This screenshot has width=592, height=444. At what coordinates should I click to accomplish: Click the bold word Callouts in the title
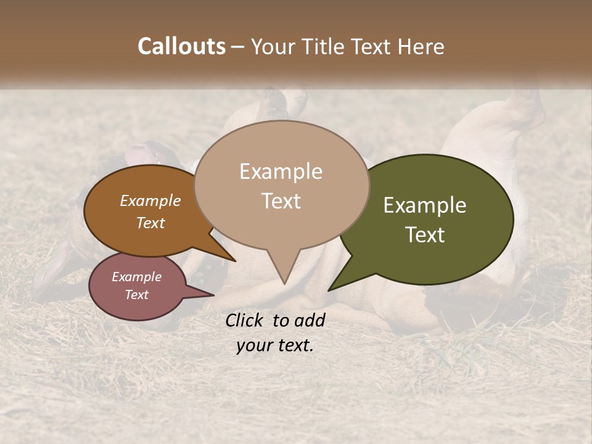tap(181, 46)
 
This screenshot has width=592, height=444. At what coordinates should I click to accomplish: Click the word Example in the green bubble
tap(425, 205)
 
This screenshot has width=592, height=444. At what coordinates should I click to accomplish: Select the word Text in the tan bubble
tap(281, 200)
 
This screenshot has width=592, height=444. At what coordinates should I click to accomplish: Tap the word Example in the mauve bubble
tap(136, 277)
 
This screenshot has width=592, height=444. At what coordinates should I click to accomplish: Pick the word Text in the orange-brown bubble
tap(150, 223)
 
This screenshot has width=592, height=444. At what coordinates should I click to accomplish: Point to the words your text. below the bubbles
tap(275, 345)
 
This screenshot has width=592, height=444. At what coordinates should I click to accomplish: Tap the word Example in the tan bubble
tap(281, 171)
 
